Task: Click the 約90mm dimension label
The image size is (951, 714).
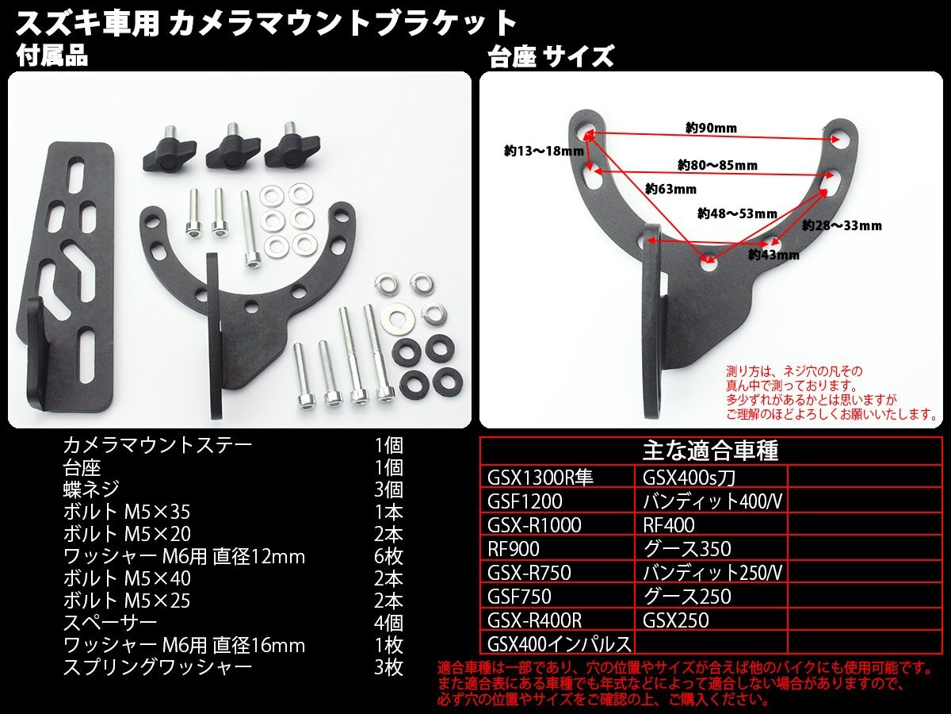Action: pyautogui.click(x=712, y=128)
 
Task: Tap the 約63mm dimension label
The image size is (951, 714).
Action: pyautogui.click(x=670, y=189)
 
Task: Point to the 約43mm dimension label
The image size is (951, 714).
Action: pyautogui.click(x=774, y=255)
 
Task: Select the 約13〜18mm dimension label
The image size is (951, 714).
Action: pyautogui.click(x=537, y=149)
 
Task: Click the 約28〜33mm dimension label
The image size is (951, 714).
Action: pyautogui.click(x=842, y=225)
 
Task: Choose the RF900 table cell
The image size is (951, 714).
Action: pyautogui.click(x=514, y=548)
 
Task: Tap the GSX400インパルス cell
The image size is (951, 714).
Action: pyautogui.click(x=560, y=643)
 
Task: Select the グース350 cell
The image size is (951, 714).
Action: pyautogui.click(x=687, y=548)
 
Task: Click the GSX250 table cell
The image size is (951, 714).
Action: pyautogui.click(x=676, y=620)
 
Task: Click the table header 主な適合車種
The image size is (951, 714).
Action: pyautogui.click(x=710, y=451)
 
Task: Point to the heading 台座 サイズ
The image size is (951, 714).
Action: pyautogui.click(x=551, y=56)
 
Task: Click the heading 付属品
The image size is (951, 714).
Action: pyautogui.click(x=52, y=56)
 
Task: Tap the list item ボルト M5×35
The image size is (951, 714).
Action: pyautogui.click(x=127, y=512)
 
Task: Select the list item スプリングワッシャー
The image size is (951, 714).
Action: pyautogui.click(x=158, y=667)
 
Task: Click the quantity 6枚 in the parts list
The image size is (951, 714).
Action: pyautogui.click(x=388, y=556)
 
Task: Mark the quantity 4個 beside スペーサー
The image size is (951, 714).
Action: pyautogui.click(x=388, y=623)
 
